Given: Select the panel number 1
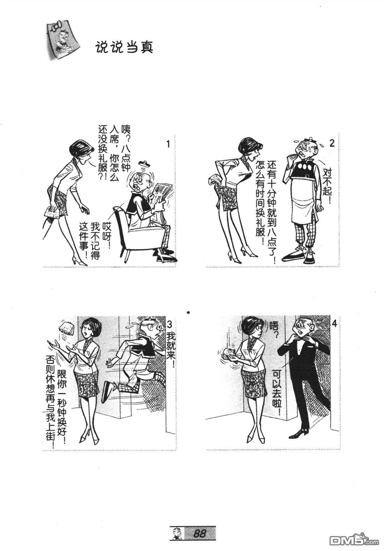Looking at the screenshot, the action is [168, 144].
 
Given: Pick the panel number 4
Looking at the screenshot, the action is [334, 324].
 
